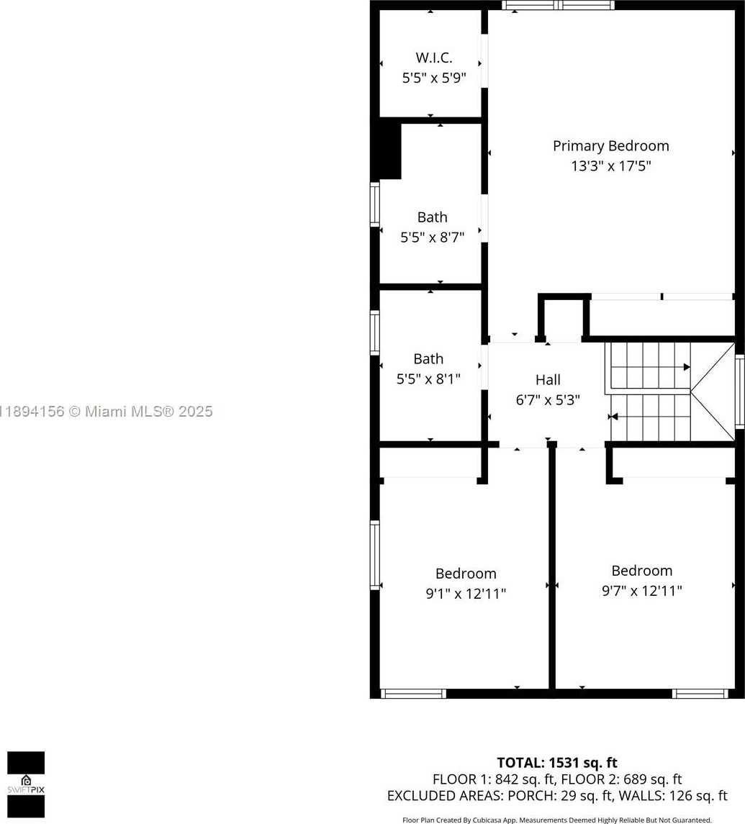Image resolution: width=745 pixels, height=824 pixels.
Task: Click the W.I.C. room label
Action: (434, 58)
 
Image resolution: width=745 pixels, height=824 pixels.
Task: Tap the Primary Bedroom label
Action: (611, 145)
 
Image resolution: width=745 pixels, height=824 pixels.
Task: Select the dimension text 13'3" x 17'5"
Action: (611, 166)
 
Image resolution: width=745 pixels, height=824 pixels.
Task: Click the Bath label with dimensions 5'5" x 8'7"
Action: (432, 217)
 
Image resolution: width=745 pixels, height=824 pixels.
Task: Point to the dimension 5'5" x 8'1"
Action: (428, 379)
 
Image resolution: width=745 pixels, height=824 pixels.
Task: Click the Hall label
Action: (548, 379)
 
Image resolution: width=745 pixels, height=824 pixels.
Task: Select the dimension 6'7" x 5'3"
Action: (548, 400)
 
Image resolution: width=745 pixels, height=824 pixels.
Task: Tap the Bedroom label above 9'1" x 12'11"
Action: (466, 574)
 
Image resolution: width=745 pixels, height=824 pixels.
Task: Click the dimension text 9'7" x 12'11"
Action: (642, 591)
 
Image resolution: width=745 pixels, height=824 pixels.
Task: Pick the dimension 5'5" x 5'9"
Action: (434, 78)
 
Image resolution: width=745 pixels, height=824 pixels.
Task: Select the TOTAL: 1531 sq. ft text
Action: (557, 763)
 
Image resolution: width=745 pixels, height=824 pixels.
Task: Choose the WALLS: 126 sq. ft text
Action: (674, 796)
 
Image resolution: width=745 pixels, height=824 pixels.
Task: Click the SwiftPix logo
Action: (26, 784)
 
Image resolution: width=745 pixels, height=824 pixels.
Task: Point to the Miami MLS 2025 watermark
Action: (107, 412)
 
